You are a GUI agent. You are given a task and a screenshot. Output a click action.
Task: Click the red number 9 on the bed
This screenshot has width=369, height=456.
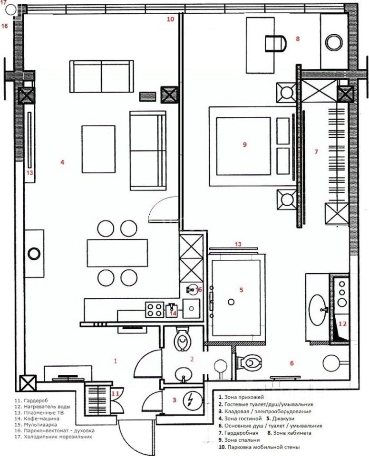point(244,145)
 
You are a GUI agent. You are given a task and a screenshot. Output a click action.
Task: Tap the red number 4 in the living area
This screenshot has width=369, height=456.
point(62,162)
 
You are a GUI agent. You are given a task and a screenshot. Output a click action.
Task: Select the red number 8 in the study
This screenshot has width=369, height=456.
point(298,39)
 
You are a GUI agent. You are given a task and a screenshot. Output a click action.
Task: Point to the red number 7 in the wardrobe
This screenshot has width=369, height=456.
point(316,152)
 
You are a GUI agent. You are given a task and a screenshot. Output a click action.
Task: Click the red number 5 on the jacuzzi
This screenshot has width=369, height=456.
point(241,289)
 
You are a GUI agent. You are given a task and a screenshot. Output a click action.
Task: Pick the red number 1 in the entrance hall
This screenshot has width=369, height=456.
point(115,361)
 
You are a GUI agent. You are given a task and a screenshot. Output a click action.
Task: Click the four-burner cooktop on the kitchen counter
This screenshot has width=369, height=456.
point(154,310)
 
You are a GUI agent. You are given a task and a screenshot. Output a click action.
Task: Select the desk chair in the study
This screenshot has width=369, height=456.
point(275,43)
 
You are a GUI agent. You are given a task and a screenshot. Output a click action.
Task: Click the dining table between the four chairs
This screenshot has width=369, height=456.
point(117,252)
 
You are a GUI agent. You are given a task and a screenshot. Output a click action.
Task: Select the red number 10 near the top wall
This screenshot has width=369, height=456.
point(171,19)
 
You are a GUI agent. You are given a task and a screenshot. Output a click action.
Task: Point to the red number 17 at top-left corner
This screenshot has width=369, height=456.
point(4,3)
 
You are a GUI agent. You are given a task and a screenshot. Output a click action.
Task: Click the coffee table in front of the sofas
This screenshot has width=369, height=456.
point(98,149)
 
